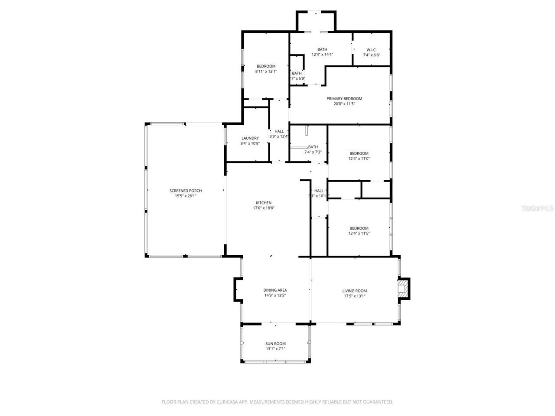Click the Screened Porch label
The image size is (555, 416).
point(185,191)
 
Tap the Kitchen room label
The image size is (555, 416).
point(264,203)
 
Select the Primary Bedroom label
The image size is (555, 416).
point(344,99)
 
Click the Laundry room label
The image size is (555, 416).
point(250,138)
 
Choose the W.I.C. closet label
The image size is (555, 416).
point(371,50)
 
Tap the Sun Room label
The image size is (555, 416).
point(275,344)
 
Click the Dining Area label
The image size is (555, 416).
point(275,290)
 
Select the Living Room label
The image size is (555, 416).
point(355,291)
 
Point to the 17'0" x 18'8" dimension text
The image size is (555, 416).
point(264,208)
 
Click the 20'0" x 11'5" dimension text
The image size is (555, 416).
point(344,104)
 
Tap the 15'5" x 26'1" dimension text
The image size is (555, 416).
point(185,196)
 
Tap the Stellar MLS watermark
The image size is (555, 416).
point(538,208)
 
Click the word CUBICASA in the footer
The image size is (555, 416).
point(229,402)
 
